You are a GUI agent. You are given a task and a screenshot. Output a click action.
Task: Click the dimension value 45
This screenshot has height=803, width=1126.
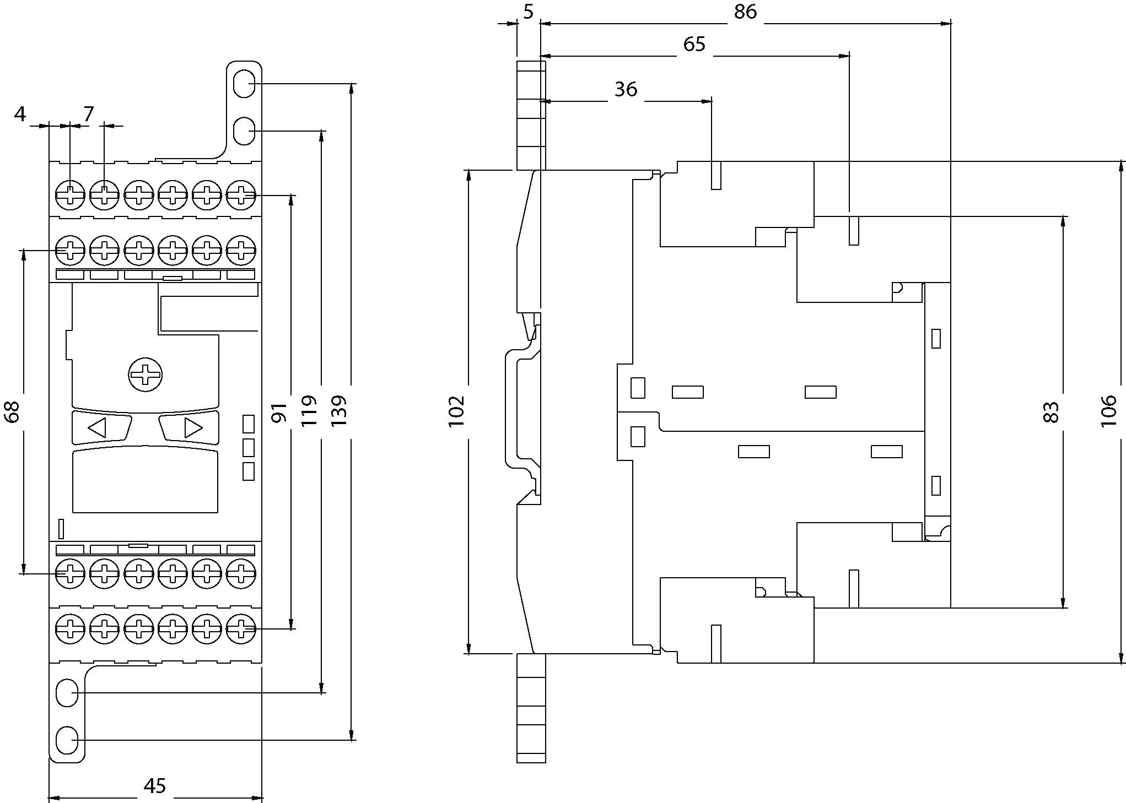pos(154,785)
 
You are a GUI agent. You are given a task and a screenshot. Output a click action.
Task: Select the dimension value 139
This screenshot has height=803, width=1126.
pos(339,410)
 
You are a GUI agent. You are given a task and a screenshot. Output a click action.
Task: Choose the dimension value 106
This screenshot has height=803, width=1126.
pos(1108,411)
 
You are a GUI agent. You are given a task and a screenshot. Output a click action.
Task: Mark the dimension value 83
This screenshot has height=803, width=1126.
pos(1051,412)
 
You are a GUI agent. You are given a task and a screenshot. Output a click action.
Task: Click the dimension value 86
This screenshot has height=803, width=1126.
pos(745,12)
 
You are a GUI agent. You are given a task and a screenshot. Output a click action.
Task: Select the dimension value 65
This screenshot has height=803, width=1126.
pos(694,44)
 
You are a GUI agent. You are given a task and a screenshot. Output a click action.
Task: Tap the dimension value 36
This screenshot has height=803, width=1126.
pos(626,89)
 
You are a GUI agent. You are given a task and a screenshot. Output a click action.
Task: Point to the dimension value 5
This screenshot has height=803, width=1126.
pos(529,12)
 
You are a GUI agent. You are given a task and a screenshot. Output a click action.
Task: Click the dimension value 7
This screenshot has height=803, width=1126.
pos(88,114)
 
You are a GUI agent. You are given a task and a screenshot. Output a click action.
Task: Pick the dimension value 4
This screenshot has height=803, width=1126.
pos(20,114)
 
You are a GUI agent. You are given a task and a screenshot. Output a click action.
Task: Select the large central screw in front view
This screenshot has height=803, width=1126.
pos(146,376)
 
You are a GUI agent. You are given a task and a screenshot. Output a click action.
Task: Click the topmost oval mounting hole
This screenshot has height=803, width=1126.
pos(244,84)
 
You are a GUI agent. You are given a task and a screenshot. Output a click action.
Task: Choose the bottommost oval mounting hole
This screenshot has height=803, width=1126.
pos(67,740)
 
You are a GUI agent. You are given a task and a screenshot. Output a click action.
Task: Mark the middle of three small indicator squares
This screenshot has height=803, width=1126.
pos(249,447)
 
